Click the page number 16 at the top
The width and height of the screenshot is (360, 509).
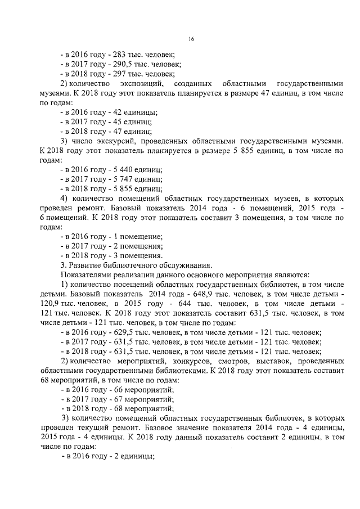click(191, 39)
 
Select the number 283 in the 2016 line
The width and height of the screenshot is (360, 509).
click(118, 55)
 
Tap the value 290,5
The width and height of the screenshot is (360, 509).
click(121, 64)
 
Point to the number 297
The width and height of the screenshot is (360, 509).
click(118, 74)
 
